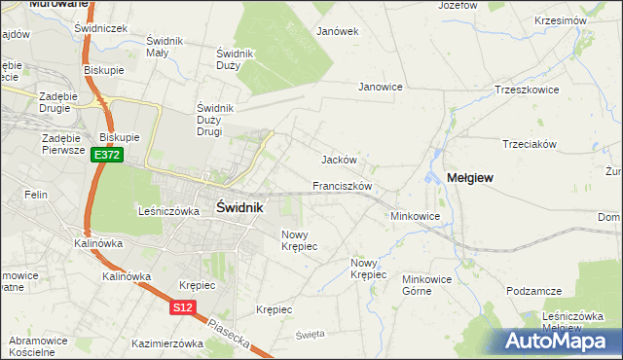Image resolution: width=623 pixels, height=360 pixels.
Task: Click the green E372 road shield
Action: click(107, 155)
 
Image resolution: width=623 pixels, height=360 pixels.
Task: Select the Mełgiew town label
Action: click(469, 178)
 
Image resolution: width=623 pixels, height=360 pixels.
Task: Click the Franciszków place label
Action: click(343, 185)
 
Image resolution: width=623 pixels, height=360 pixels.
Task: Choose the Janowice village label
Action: click(381, 87)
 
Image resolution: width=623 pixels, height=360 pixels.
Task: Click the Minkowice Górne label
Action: click(428, 284)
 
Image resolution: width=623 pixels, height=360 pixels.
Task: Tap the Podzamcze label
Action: click(534, 291)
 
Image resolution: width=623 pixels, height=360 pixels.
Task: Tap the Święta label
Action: click(310, 334)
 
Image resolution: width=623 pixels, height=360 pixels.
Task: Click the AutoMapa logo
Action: click(554, 342)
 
